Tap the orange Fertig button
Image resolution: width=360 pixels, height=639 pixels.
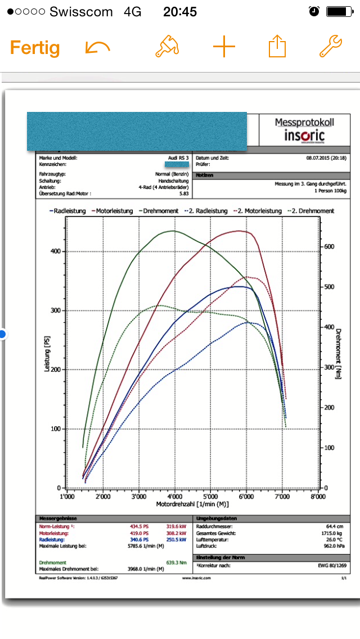(x=35, y=48)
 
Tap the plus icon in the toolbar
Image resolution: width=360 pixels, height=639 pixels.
(x=224, y=48)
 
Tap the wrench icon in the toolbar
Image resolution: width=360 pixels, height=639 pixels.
(x=331, y=47)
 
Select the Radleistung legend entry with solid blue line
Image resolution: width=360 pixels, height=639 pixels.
(x=67, y=211)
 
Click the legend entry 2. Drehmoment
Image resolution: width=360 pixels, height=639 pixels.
(x=310, y=211)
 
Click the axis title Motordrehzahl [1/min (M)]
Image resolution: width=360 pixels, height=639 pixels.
(x=192, y=505)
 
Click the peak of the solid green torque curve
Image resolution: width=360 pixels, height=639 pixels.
(x=173, y=231)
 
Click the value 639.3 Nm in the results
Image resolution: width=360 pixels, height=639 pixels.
(x=175, y=562)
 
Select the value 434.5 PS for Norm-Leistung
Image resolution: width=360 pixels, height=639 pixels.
(x=141, y=526)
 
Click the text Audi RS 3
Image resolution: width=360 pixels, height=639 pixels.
(x=178, y=158)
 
